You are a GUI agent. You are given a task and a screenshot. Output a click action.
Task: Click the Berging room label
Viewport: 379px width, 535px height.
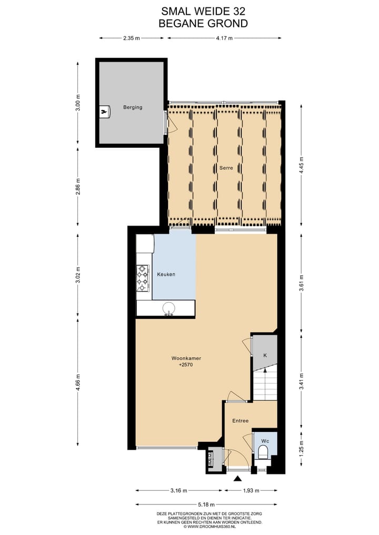point(133,107)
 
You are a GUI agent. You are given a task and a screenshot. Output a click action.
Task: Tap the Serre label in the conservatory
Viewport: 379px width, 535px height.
point(226,168)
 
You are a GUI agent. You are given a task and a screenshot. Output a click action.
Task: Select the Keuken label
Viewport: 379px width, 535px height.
point(166,275)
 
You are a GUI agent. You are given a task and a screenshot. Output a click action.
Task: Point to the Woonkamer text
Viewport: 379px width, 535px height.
point(186,358)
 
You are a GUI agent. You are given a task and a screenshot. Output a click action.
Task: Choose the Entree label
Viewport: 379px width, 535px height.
point(241,420)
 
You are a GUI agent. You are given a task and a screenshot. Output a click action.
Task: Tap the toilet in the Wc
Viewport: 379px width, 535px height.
point(263,451)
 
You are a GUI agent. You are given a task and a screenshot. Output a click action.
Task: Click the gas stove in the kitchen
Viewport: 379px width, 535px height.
point(142,278)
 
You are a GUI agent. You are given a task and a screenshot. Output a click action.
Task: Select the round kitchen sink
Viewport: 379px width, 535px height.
point(169,308)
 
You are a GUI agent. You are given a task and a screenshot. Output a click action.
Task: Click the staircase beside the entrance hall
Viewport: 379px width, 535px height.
point(265,385)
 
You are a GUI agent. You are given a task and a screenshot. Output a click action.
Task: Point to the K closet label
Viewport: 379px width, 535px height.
point(265,356)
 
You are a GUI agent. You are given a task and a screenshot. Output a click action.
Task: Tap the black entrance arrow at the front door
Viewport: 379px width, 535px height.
point(237,479)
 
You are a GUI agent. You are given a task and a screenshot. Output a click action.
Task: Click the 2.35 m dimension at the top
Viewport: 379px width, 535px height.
point(132,38)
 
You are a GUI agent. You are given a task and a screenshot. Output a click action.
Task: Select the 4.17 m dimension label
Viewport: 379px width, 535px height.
point(224,38)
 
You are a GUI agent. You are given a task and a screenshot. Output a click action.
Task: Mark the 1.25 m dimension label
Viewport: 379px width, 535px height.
point(301,450)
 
